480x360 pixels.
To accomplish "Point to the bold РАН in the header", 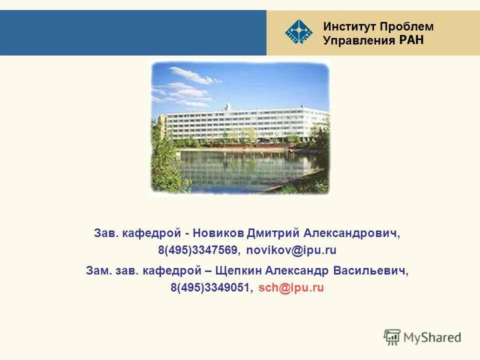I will [x=411, y=40].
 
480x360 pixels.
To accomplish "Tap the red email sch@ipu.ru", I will [x=291, y=287].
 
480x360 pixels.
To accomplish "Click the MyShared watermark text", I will [x=433, y=337].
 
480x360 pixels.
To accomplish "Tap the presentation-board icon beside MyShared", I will [x=392, y=337].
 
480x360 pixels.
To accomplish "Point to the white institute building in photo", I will [x=245, y=122].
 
